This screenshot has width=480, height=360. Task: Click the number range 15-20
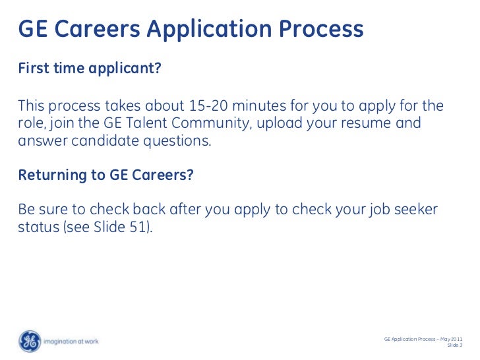click(235, 107)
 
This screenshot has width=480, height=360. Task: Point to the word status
click(38, 228)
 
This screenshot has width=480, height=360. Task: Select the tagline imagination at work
click(71, 342)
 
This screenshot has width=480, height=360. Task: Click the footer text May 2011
click(448, 338)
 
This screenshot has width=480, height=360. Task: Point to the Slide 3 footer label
click(455, 345)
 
